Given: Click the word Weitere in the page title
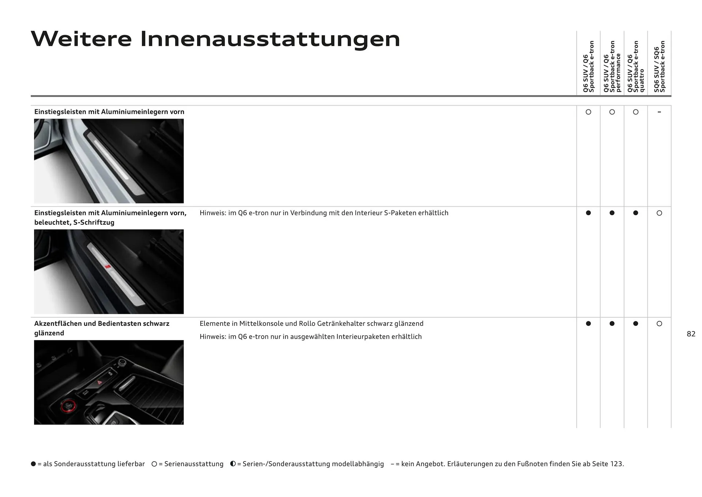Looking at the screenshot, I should [81, 39].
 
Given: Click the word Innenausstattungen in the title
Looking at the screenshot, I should [270, 39].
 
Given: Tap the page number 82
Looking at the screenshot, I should [691, 334].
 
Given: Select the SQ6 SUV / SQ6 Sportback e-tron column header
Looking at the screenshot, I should [659, 67].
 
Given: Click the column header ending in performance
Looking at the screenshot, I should [612, 67].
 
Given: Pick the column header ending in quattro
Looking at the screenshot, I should [635, 67].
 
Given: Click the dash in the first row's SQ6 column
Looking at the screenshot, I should [659, 112].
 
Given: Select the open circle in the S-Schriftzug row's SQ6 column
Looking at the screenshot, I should [659, 213].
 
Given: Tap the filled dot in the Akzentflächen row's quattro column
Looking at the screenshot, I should [635, 324].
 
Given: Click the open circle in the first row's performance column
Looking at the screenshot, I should [612, 112].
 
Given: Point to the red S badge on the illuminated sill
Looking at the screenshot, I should [107, 267].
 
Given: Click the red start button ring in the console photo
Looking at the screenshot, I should [68, 406].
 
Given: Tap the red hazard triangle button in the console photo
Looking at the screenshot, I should [99, 382].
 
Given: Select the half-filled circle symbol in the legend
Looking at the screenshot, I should [233, 464].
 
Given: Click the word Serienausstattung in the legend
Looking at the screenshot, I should [194, 464].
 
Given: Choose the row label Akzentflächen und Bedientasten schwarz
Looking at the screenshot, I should [102, 324].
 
